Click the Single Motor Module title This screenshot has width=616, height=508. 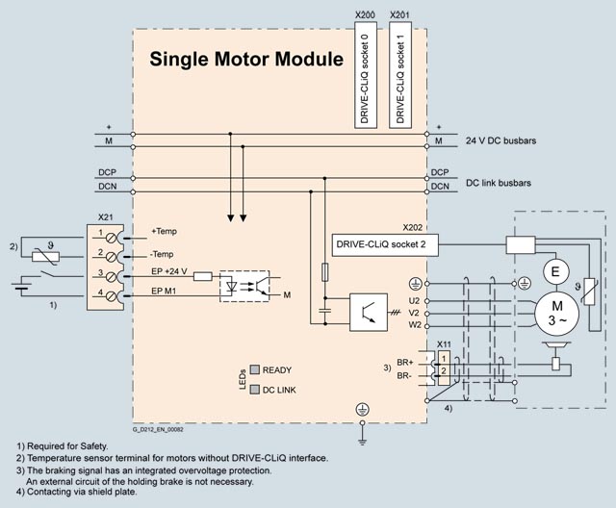tap(245, 60)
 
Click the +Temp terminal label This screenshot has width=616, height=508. tap(165, 232)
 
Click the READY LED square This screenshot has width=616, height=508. tap(255, 369)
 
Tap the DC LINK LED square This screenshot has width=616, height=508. tap(255, 390)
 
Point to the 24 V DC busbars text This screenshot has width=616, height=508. tap(500, 140)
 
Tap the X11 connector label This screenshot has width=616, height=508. tap(444, 343)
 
